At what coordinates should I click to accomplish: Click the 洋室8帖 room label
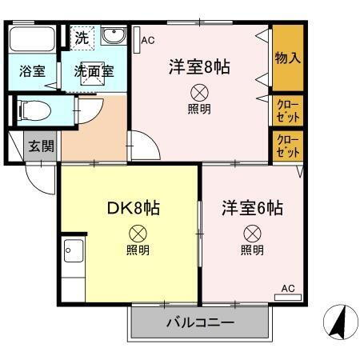pyautogui.click(x=199, y=66)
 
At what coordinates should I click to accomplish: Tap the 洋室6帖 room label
pyautogui.click(x=252, y=208)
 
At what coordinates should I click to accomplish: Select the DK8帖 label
pyautogui.click(x=134, y=209)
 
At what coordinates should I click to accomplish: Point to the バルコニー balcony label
pyautogui.click(x=200, y=324)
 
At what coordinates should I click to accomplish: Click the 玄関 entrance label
pyautogui.click(x=42, y=146)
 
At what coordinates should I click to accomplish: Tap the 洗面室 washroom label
pyautogui.click(x=94, y=70)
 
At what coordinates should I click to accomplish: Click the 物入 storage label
pyautogui.click(x=287, y=58)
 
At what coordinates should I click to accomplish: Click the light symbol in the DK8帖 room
pyautogui.click(x=138, y=234)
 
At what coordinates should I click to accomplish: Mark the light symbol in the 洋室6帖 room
pyautogui.click(x=252, y=234)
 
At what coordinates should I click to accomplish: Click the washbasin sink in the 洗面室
pyautogui.click(x=114, y=37)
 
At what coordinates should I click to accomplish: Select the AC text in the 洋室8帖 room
pyautogui.click(x=148, y=39)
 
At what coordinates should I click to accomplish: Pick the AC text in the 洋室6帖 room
pyautogui.click(x=288, y=288)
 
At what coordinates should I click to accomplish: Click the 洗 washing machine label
pyautogui.click(x=82, y=36)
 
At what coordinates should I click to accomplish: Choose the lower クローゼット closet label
pyautogui.click(x=288, y=145)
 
